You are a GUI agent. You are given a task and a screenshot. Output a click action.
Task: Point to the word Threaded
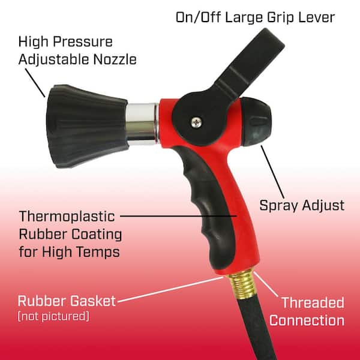(x=313, y=303)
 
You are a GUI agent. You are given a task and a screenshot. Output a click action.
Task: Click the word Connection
(x=307, y=320)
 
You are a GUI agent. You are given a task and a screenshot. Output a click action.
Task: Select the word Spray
(x=279, y=205)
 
